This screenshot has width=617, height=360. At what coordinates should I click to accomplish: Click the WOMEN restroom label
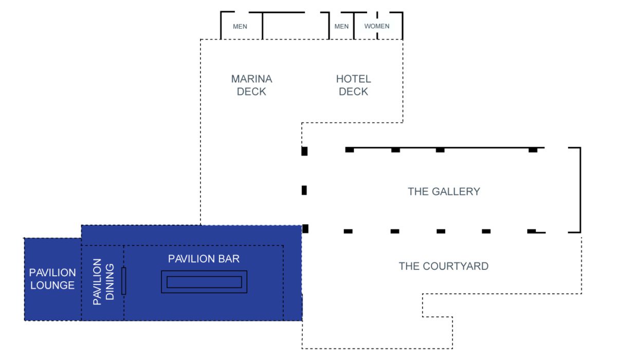[x=377, y=26]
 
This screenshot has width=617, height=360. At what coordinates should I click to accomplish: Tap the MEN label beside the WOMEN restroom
[x=341, y=26]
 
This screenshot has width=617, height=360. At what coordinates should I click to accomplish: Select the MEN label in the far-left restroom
[x=240, y=26]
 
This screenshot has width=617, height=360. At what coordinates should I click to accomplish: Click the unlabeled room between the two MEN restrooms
[x=296, y=26]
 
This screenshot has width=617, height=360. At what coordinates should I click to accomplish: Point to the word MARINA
[x=251, y=79]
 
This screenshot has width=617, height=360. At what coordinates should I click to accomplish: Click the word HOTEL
[x=353, y=79]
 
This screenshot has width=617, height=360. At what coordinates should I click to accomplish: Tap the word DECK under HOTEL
[x=353, y=92]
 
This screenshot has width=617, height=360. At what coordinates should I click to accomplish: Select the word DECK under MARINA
[x=251, y=92]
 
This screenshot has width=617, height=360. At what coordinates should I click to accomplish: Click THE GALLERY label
[x=444, y=191]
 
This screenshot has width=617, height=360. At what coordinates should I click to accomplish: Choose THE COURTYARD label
[x=443, y=266]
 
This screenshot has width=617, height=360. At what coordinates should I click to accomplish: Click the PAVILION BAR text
[x=204, y=259]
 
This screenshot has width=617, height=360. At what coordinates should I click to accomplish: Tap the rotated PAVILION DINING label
[x=103, y=281]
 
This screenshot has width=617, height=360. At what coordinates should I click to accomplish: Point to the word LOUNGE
[x=52, y=285]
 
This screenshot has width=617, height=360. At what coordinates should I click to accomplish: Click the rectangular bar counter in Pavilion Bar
[x=204, y=282]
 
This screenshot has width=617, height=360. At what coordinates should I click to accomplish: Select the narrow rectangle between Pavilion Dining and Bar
[x=124, y=281]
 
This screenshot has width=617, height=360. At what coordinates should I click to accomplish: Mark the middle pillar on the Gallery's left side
[x=304, y=190]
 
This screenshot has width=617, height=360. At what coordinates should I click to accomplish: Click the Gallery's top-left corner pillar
[x=304, y=151]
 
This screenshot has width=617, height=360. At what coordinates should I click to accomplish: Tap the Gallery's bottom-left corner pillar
[x=305, y=229]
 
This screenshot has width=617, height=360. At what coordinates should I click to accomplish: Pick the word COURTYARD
[x=456, y=266]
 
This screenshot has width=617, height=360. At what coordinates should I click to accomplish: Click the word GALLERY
[x=456, y=191]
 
